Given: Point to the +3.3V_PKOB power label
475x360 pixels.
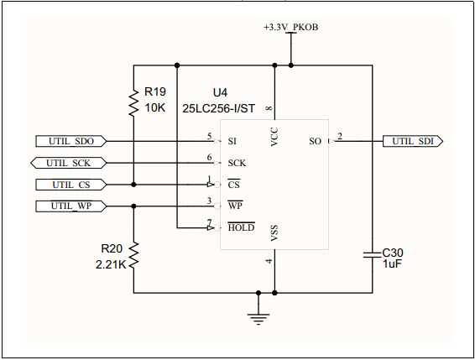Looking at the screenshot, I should tap(290, 27).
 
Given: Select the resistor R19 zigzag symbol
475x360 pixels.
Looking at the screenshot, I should tap(133, 104).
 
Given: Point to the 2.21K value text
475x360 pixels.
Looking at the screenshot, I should tap(111, 264).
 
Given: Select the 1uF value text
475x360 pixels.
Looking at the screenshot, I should tap(392, 264).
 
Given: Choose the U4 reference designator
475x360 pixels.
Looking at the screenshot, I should tap(220, 91).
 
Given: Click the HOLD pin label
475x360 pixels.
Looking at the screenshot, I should tap(241, 227).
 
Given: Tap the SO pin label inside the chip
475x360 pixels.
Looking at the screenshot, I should tap(316, 142).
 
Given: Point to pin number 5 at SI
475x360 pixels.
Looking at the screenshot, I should tap(209, 136).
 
